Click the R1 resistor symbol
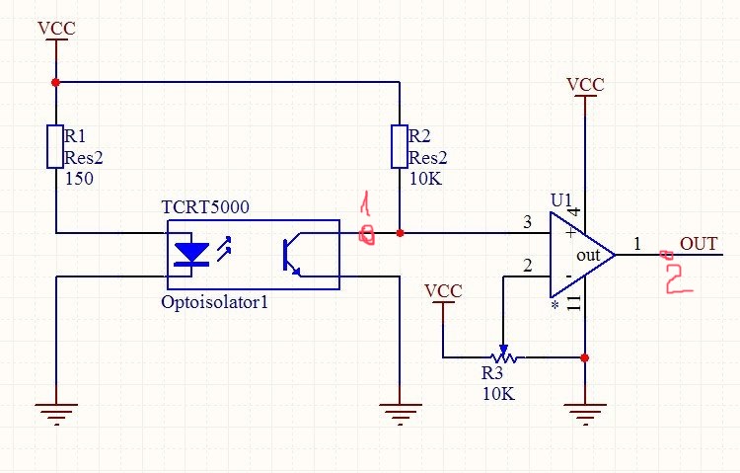coord(55,145)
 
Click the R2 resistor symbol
coord(399,145)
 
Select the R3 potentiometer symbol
coord(503,355)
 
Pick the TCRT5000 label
coord(205,207)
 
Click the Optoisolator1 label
coord(214,302)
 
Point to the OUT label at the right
coord(699,244)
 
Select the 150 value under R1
coord(78,181)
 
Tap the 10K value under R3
coord(498,393)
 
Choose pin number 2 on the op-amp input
coord(527,266)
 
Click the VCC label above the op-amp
coord(585,85)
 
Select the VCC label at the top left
coord(55,28)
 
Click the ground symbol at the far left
coord(56,411)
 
